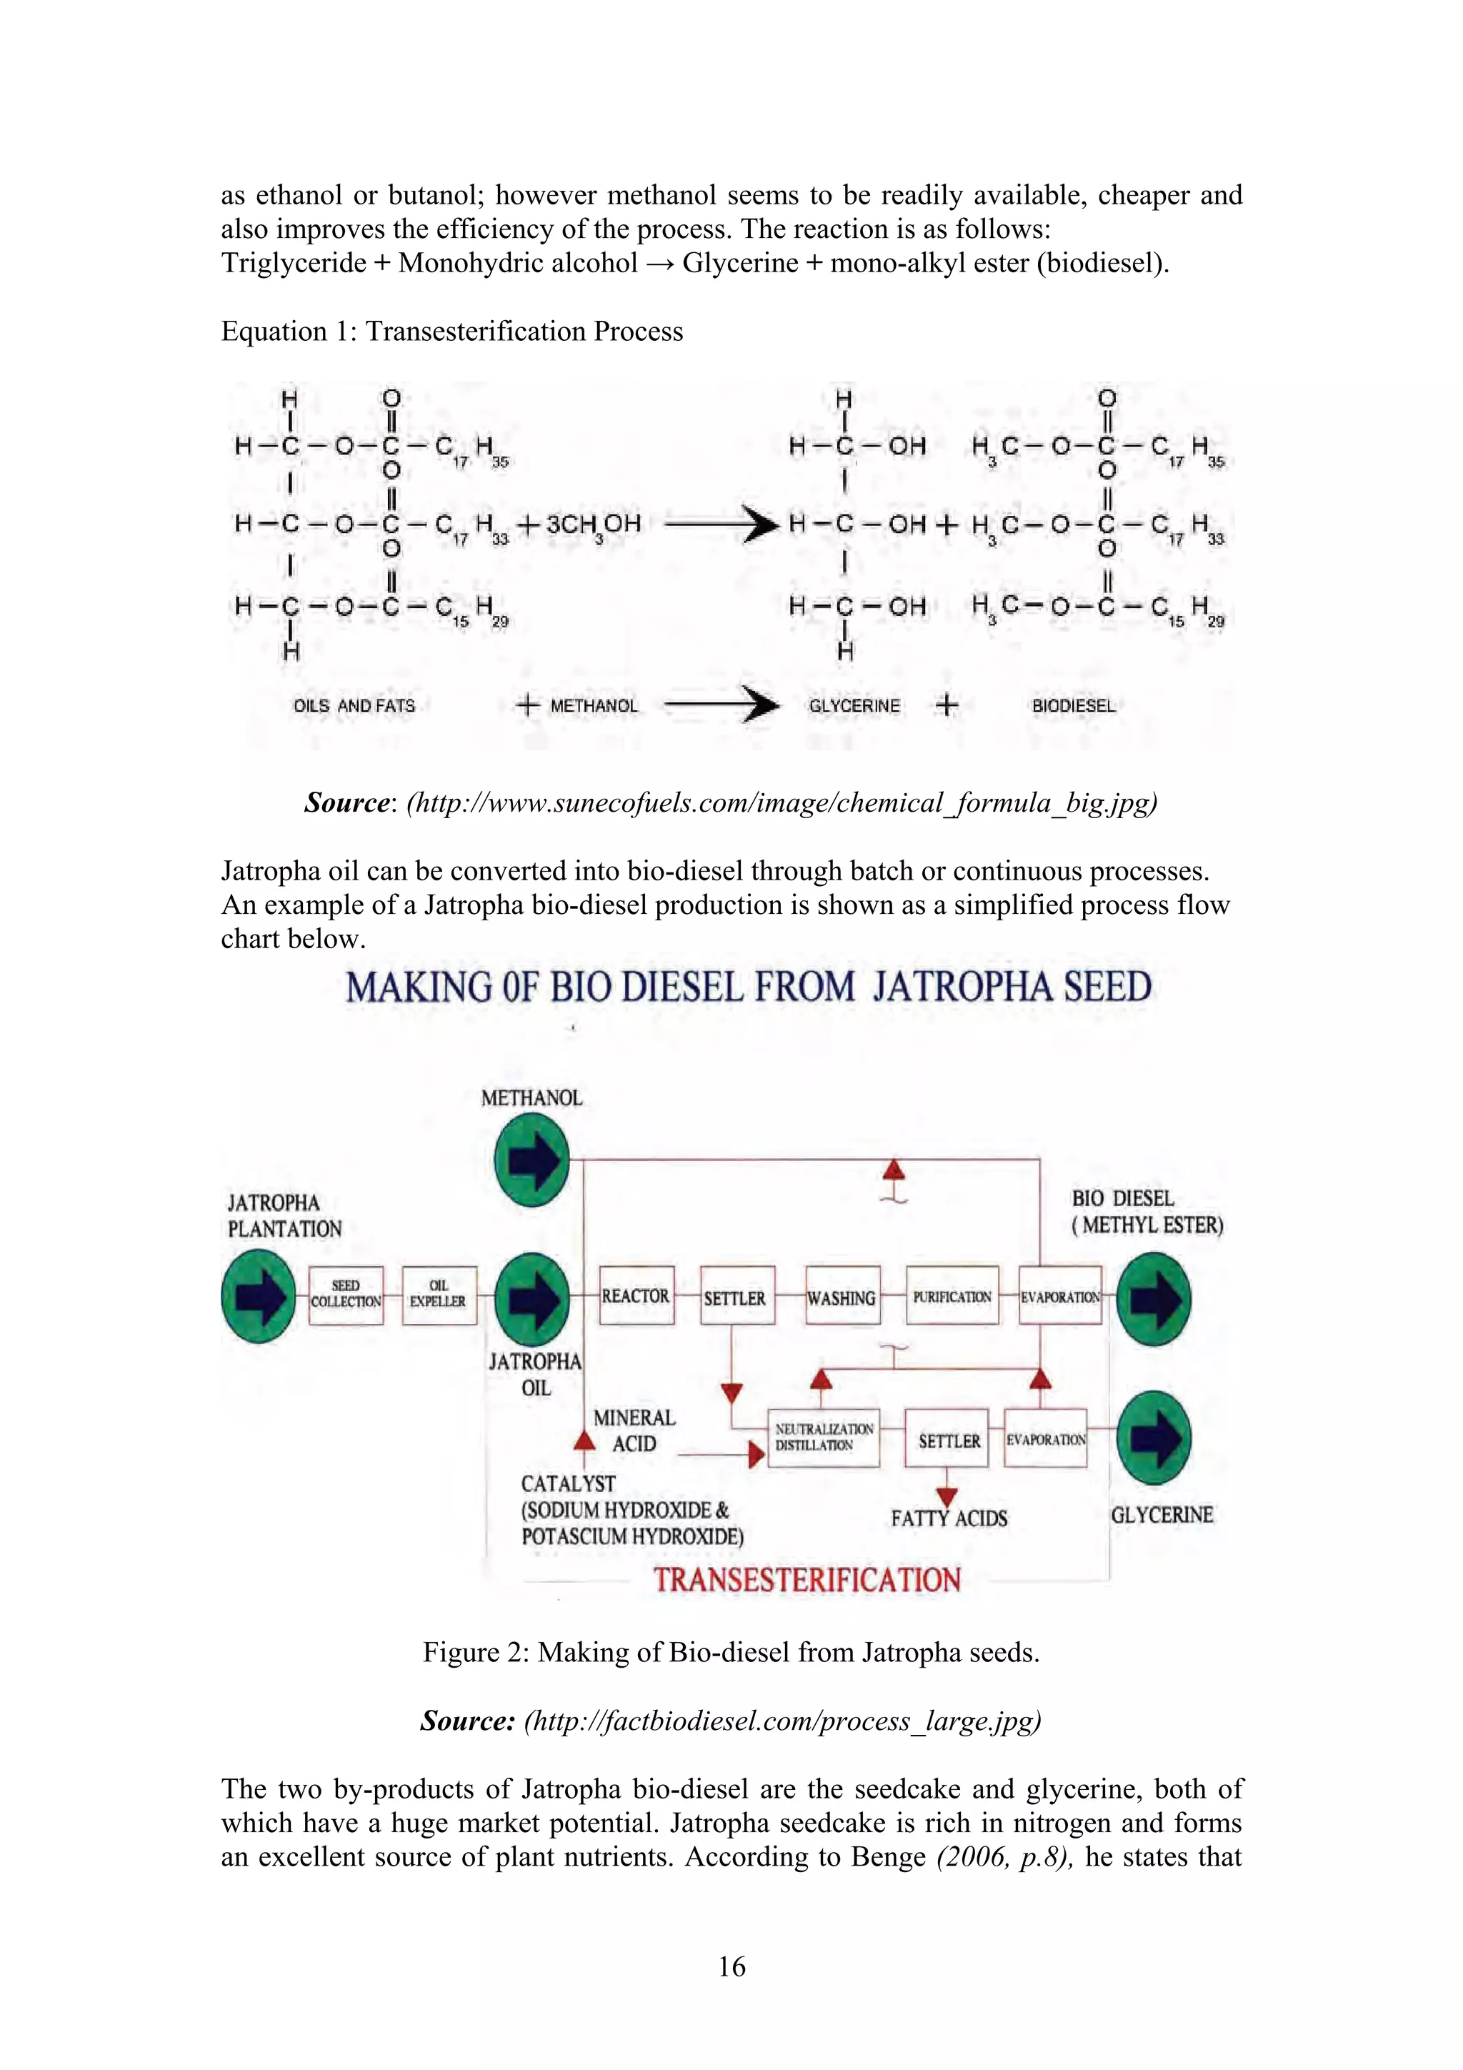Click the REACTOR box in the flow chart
click(x=636, y=1295)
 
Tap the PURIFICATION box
click(x=952, y=1296)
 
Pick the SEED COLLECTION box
click(x=345, y=1295)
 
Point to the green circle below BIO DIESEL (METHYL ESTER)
click(x=1154, y=1299)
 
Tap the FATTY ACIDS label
click(x=949, y=1518)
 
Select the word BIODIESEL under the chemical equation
click(x=1074, y=706)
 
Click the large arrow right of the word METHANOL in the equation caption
click(x=721, y=705)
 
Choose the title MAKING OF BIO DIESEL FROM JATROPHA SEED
click(x=748, y=987)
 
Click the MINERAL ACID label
click(x=634, y=1430)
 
